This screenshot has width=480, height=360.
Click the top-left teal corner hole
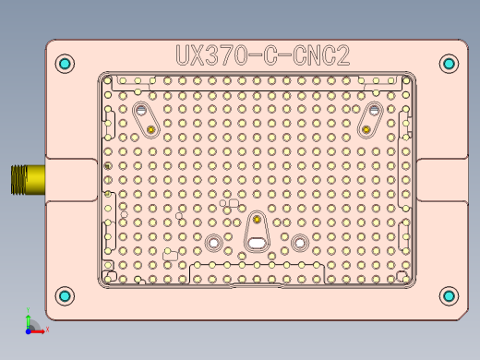click(65, 64)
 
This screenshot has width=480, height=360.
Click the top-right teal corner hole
click(449, 64)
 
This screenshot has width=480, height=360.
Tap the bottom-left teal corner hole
click(65, 295)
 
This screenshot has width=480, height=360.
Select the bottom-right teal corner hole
click(449, 295)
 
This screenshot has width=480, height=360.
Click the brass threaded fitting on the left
click(28, 179)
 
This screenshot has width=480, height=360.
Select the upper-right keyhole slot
click(372, 118)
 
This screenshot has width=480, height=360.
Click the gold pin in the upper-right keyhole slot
click(367, 129)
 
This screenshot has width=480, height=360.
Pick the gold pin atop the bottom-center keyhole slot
click(258, 221)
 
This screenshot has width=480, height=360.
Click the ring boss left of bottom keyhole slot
click(215, 243)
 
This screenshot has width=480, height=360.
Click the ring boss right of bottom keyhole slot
click(300, 243)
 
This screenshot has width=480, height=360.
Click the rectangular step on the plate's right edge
click(441, 179)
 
